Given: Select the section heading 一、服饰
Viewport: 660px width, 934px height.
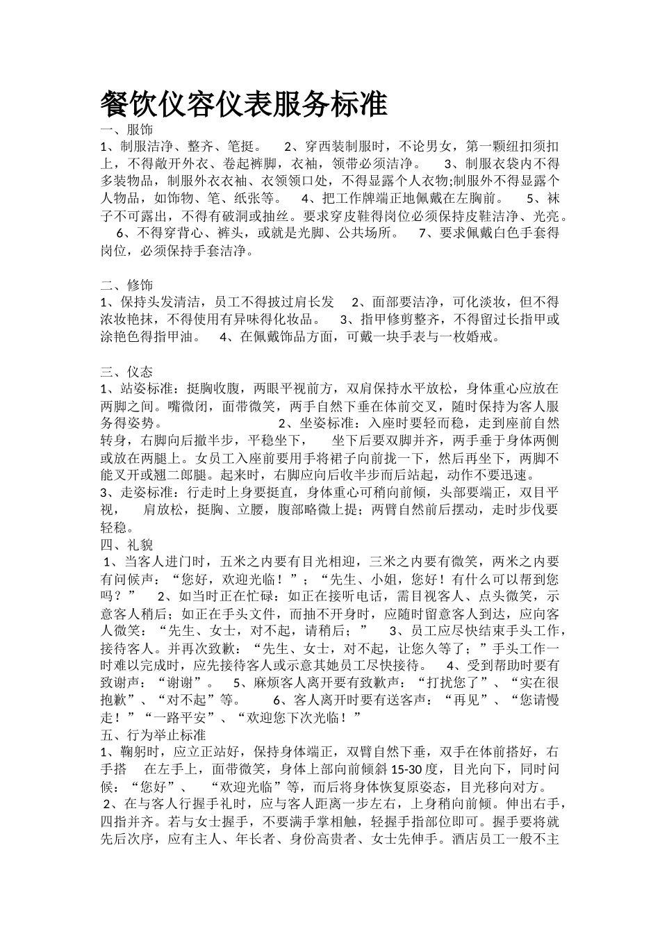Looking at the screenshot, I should tap(126, 130).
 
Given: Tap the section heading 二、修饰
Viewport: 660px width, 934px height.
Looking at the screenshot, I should tap(126, 285).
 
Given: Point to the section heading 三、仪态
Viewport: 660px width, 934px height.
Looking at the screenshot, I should tap(126, 371).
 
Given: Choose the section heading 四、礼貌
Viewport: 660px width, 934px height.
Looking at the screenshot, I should tap(126, 543).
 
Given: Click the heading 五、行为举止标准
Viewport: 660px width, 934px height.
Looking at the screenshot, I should tap(153, 735).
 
